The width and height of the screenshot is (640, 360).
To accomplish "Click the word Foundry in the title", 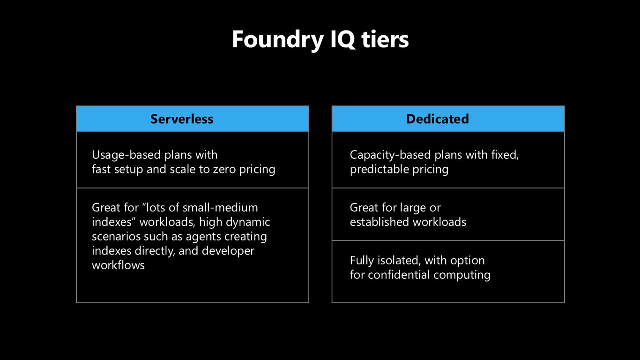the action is coord(278,40).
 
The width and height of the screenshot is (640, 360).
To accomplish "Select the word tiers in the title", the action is coord(385,39).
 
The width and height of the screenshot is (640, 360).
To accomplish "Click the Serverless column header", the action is coord(182,119).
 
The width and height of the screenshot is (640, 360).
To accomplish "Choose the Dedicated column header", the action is coord(438,119).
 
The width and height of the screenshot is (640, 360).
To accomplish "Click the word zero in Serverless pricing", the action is coord(224,170).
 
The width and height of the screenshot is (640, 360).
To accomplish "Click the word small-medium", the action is coord(220,208).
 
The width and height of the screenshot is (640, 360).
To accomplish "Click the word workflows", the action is coord(118,265).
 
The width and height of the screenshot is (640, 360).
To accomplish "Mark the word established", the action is coord(380,222).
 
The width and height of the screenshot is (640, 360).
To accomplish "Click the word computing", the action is coord(461,275).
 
